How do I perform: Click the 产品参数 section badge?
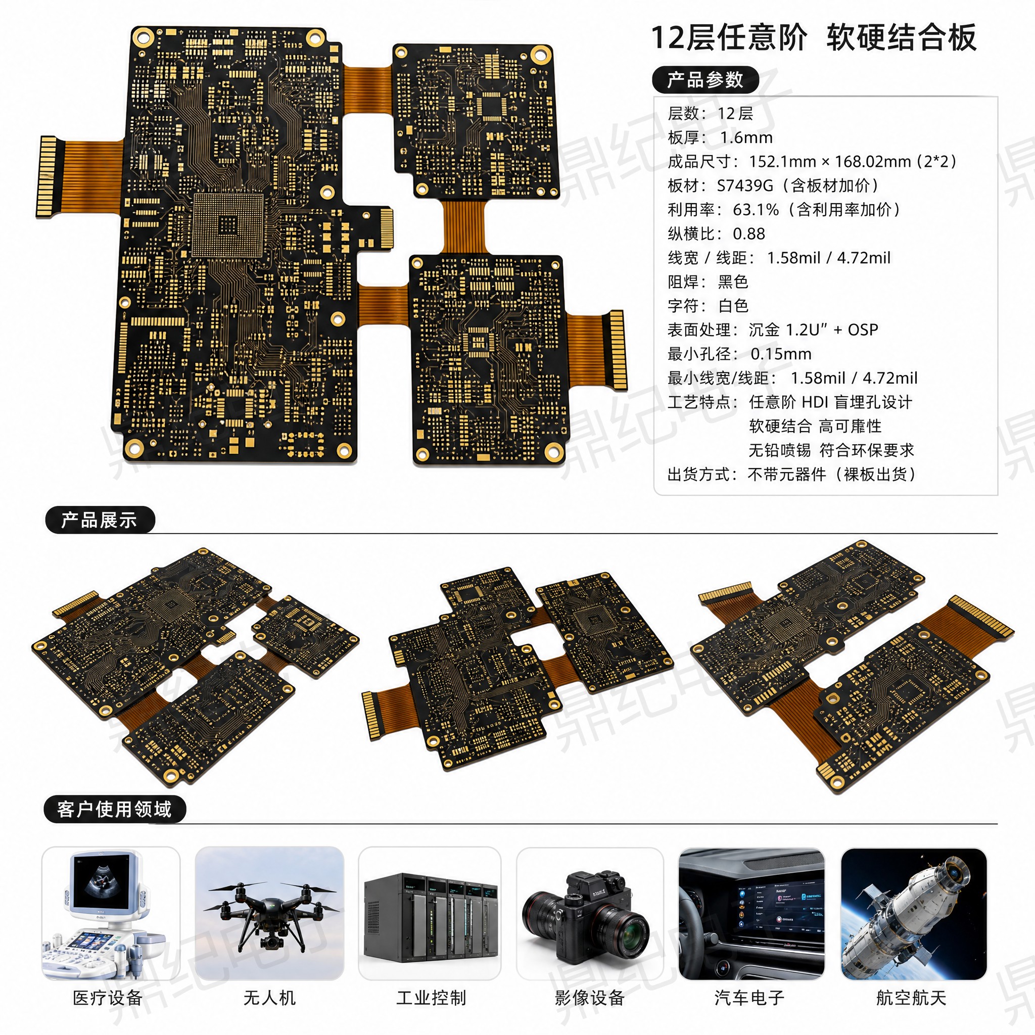pos(705,80)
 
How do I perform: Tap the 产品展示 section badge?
pos(100,520)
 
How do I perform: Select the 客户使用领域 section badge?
pos(115,809)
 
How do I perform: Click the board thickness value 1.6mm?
pos(746,137)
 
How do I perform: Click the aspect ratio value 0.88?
pos(749,233)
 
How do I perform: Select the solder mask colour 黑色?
pos(733,282)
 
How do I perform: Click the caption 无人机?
pos(269,998)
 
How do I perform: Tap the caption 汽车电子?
pos(749,998)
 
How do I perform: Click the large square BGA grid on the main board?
pos(228,224)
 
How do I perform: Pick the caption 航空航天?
pos(911,998)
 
